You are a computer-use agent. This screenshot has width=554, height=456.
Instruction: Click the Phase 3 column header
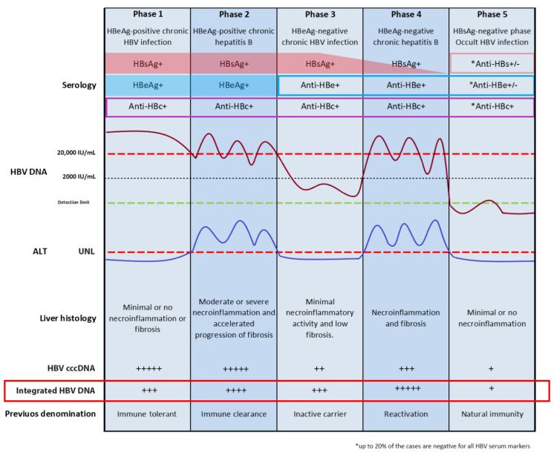point(320,14)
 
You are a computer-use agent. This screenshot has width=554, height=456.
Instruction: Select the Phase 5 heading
point(492,14)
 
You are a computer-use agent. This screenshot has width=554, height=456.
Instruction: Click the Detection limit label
point(75,202)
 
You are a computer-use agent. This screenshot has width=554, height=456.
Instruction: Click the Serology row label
point(76,86)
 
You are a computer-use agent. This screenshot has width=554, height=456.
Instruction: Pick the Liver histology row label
point(70,318)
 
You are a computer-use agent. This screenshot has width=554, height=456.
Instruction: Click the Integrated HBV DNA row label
point(56,390)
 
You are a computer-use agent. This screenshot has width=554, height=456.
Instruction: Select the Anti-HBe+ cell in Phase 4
point(405,86)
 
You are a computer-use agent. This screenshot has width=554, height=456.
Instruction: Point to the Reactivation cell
point(405,414)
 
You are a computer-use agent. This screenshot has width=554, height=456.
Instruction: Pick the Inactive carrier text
point(320,414)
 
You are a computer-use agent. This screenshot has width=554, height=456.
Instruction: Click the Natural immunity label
point(492,414)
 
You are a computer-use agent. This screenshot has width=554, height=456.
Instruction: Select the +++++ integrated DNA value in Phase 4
point(405,388)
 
